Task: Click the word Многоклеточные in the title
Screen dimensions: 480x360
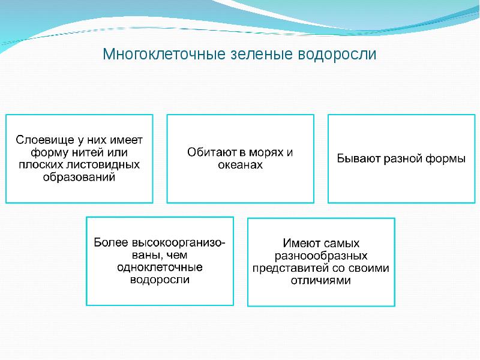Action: [x=164, y=54]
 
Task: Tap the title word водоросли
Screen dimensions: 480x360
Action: [x=337, y=54]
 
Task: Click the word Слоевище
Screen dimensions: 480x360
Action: [x=45, y=140]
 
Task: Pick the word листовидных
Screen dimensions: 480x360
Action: [x=103, y=164]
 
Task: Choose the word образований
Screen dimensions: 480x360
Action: [x=79, y=177]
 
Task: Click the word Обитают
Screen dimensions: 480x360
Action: [x=212, y=152]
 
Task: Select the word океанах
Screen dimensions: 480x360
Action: [x=241, y=164]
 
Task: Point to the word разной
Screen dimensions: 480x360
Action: [x=403, y=158]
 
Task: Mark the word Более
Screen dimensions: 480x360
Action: [x=111, y=242]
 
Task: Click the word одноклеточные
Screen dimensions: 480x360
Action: [x=160, y=267]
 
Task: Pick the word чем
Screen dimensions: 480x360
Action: [x=176, y=255]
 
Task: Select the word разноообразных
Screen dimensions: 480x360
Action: [x=321, y=256]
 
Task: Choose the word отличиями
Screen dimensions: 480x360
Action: [x=321, y=280]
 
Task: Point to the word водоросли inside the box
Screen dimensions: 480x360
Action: [x=160, y=280]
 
